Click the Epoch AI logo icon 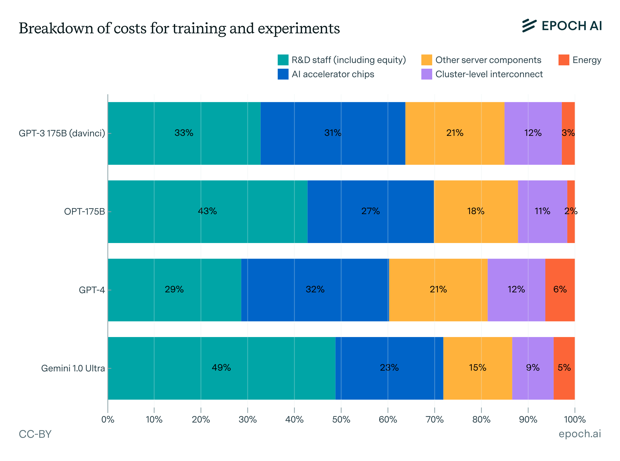coord(529,26)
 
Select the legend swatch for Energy coord(563,60)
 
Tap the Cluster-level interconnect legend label coord(489,74)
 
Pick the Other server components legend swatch coord(426,60)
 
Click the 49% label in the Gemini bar coord(221,368)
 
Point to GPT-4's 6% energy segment coord(560,290)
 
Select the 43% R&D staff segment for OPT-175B coord(207,211)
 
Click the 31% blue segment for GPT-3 coord(332,133)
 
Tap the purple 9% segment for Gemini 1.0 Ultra coord(532,368)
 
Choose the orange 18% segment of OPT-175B coord(476,211)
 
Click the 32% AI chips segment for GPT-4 coord(315,290)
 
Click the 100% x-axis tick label coord(575,419)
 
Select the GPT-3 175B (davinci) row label coord(62,133)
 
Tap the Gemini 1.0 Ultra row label coord(73,368)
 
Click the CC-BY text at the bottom coord(35,434)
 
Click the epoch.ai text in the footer coord(579,434)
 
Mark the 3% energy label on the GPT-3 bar coord(568,133)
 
